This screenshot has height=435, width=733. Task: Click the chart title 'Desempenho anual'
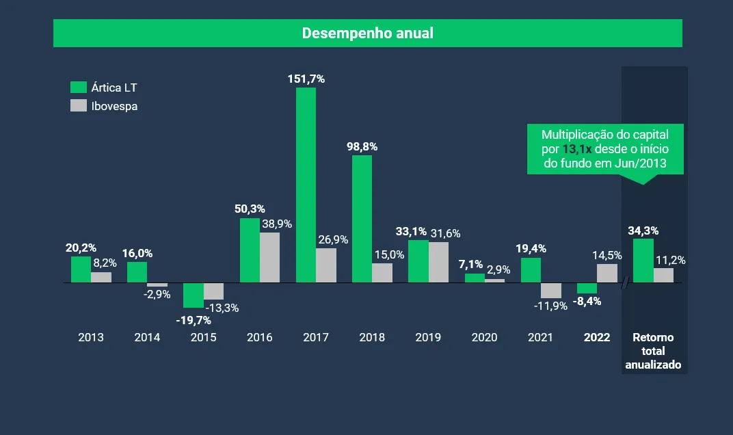pyautogui.click(x=368, y=33)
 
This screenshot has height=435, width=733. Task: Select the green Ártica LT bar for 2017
pyautogui.click(x=306, y=185)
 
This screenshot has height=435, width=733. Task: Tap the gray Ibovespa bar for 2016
pyautogui.click(x=269, y=257)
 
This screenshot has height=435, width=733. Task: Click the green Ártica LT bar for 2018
pyautogui.click(x=362, y=219)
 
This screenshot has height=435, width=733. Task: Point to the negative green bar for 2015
pyautogui.click(x=194, y=295)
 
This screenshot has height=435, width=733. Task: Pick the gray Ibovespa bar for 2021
pyautogui.click(x=550, y=290)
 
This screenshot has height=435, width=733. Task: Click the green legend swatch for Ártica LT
pyautogui.click(x=79, y=87)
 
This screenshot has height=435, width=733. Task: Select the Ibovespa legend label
pyautogui.click(x=114, y=106)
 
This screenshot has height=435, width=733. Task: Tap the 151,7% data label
pyautogui.click(x=306, y=79)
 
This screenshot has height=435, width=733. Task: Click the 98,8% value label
pyautogui.click(x=362, y=146)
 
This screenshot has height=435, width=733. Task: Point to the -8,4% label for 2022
pyautogui.click(x=587, y=301)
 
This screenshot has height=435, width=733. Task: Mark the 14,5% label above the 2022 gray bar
pyautogui.click(x=607, y=255)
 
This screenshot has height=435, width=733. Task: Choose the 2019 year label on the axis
pyautogui.click(x=428, y=337)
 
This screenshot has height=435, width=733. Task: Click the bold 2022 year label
pyautogui.click(x=597, y=337)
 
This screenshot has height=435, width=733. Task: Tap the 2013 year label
pyautogui.click(x=91, y=337)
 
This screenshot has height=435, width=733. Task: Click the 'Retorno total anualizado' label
pyautogui.click(x=653, y=351)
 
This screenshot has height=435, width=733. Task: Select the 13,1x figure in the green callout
pyautogui.click(x=577, y=148)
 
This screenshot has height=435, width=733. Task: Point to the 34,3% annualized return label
pyautogui.click(x=643, y=230)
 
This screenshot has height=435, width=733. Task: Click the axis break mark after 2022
pyautogui.click(x=625, y=282)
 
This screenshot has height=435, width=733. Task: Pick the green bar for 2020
pyautogui.click(x=475, y=278)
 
